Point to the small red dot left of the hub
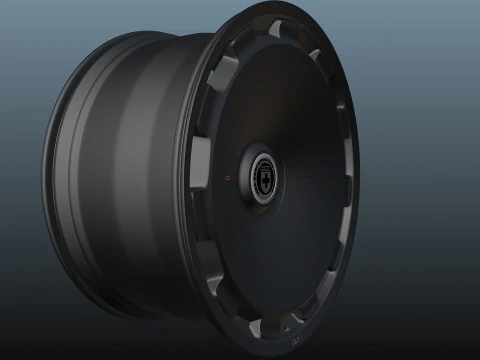[x=228, y=178]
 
